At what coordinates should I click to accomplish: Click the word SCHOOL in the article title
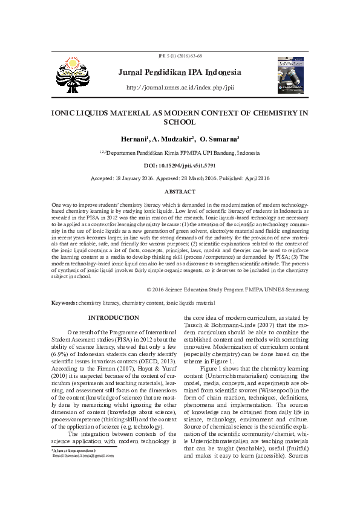[180, 122]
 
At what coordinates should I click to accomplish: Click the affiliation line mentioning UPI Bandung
[180, 153]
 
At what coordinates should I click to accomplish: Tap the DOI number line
[180, 165]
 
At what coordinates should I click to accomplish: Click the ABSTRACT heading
[180, 191]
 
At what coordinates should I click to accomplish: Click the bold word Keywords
[64, 302]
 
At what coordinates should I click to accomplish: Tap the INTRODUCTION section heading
[114, 318]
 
